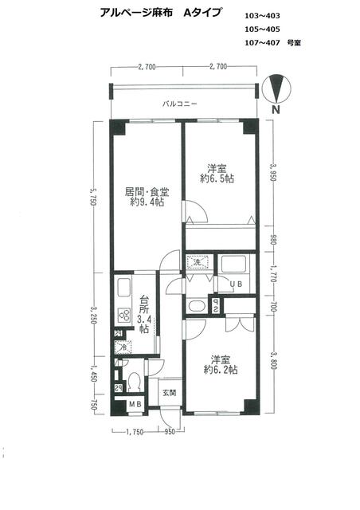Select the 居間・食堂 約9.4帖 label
[146, 197]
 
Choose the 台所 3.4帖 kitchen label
[144, 314]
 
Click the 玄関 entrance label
[168, 393]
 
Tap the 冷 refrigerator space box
[123, 347]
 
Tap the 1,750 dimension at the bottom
[135, 431]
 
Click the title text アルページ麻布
[132, 14]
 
